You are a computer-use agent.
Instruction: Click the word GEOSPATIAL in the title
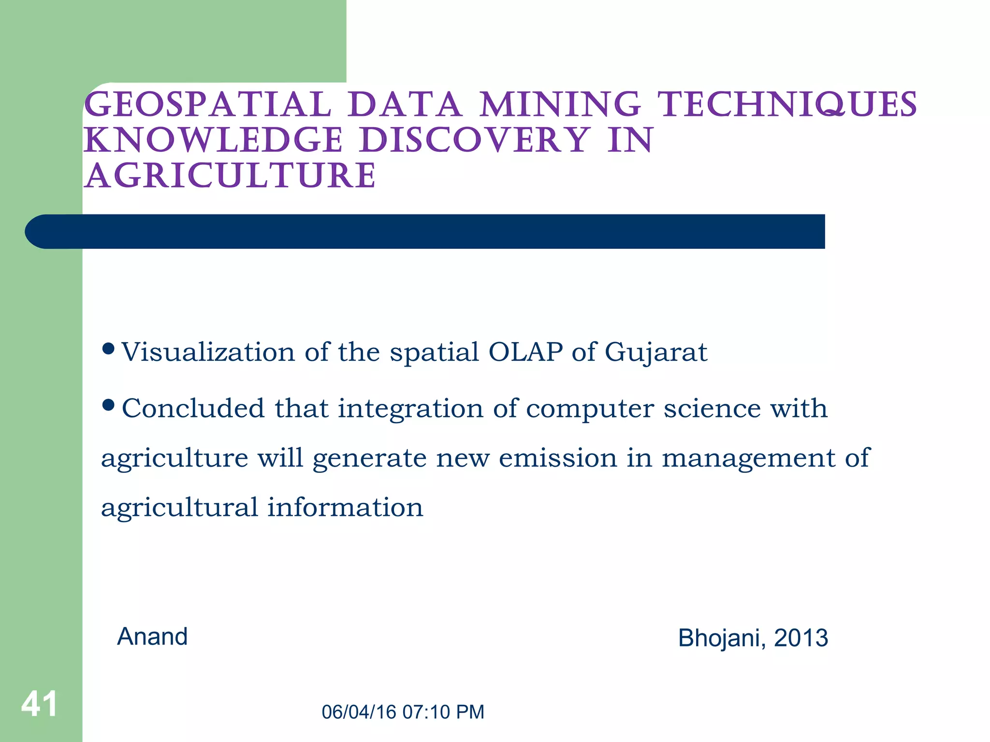point(207,105)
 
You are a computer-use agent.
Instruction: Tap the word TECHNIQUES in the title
point(788,105)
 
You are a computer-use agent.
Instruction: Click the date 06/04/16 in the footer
point(359,712)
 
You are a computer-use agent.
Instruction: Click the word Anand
point(152,636)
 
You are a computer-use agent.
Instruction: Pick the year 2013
point(801,638)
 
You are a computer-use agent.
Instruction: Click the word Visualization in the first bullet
point(208,352)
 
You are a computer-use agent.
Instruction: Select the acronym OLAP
point(526,352)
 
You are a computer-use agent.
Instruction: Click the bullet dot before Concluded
point(109,404)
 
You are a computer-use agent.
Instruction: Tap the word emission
point(558,457)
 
